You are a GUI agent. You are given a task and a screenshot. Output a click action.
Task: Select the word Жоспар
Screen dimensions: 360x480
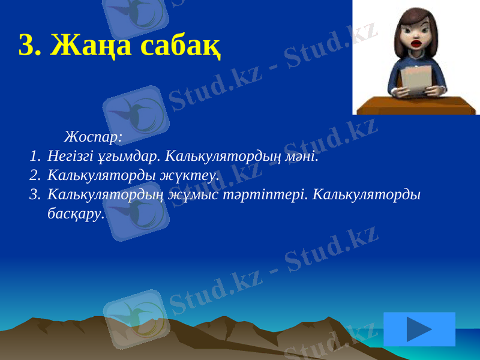[x=92, y=137]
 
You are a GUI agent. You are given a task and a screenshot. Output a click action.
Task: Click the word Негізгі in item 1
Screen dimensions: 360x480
[x=70, y=157]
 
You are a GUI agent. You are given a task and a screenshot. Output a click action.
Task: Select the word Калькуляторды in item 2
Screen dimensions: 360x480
[x=101, y=176]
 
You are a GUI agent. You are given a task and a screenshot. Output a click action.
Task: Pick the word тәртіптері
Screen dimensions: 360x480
[x=275, y=195]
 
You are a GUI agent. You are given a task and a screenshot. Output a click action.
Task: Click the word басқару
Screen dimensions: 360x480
[x=75, y=214]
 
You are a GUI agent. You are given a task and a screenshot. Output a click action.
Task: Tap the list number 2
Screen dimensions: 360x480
[x=34, y=176]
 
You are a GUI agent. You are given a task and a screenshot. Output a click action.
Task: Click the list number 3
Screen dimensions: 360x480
[x=34, y=195]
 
